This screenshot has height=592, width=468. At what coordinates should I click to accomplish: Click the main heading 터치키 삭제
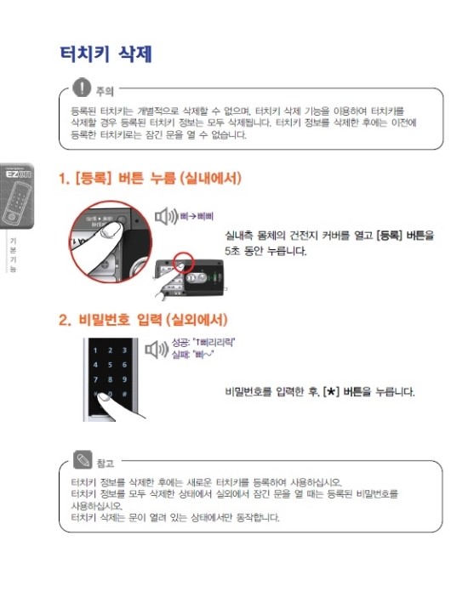coord(106,53)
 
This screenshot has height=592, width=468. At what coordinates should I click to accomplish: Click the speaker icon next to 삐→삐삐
coord(165,217)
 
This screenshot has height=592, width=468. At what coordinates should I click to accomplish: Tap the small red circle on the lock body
coord(185,260)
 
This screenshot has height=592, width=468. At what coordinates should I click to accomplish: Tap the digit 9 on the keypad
coord(124,379)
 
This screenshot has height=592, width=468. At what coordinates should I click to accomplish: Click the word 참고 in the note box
coord(106,464)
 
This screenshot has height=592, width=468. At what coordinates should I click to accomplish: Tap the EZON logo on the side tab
coord(18,174)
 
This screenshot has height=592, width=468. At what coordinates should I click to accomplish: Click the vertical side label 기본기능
coord(13,254)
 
